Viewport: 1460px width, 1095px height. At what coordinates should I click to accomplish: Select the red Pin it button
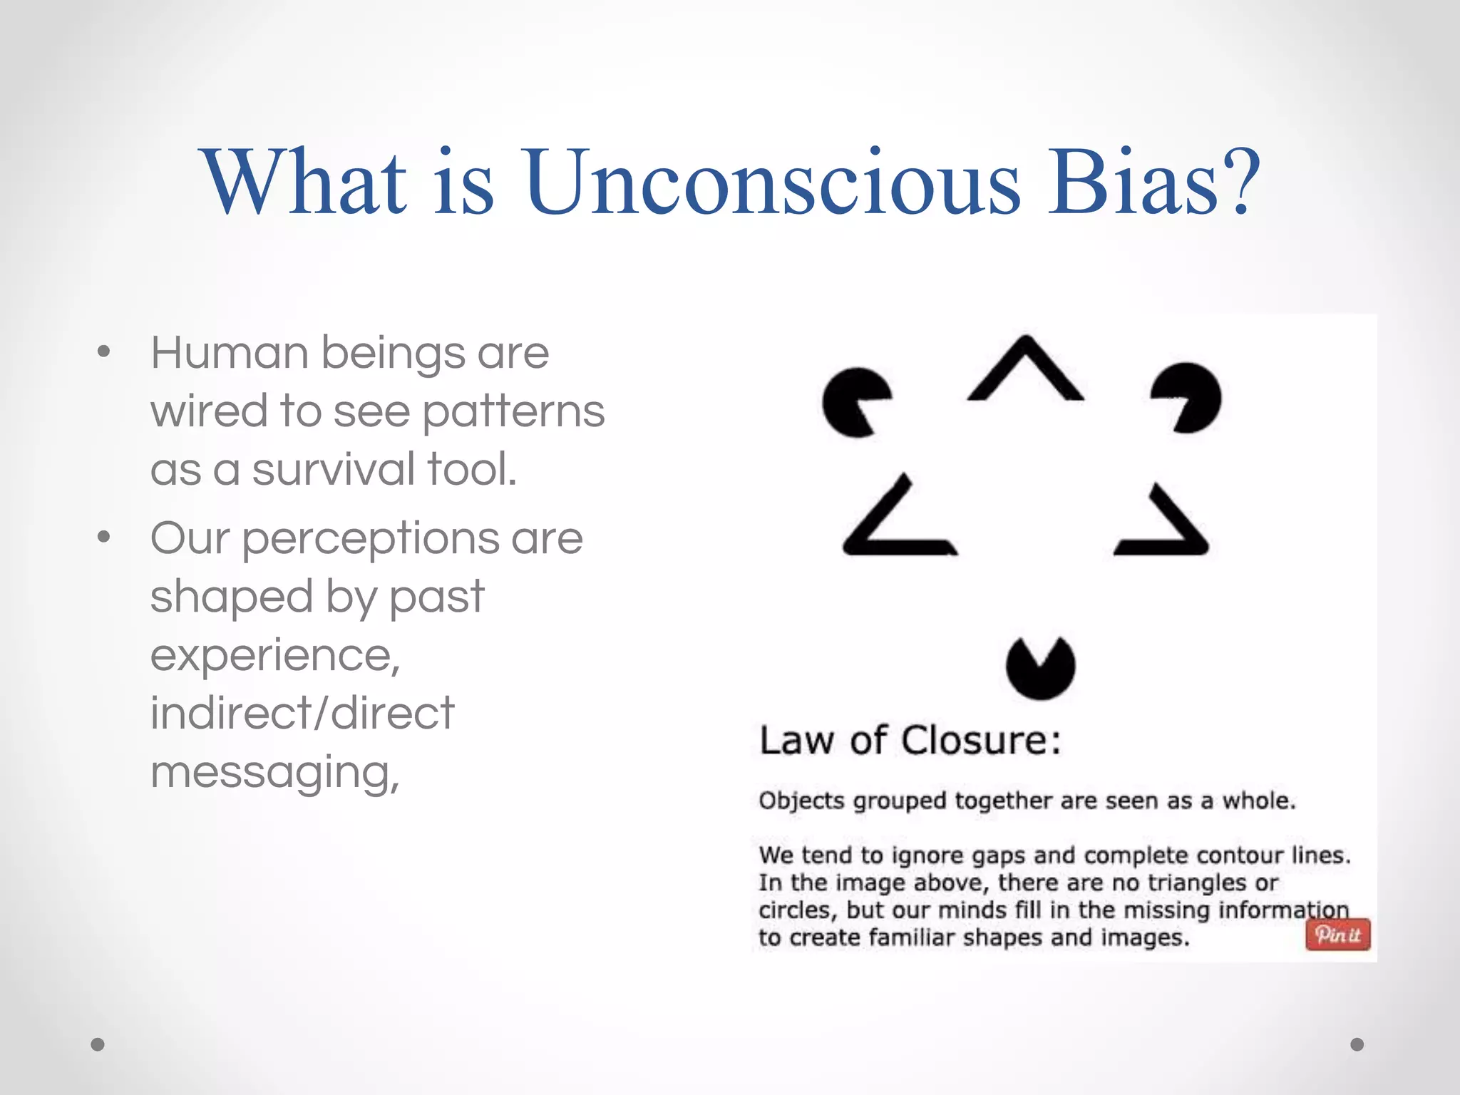click(x=1337, y=935)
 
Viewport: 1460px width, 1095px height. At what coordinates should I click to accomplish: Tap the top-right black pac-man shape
click(x=1190, y=398)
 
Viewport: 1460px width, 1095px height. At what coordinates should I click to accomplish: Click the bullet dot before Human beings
click(x=104, y=351)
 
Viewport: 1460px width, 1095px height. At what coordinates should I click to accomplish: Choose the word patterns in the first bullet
click(x=513, y=412)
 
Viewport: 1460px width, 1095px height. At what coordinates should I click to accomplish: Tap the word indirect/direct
click(x=302, y=713)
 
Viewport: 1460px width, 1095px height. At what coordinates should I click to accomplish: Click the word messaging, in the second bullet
click(x=275, y=773)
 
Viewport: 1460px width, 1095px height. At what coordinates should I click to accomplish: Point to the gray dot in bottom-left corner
click(x=98, y=1044)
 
